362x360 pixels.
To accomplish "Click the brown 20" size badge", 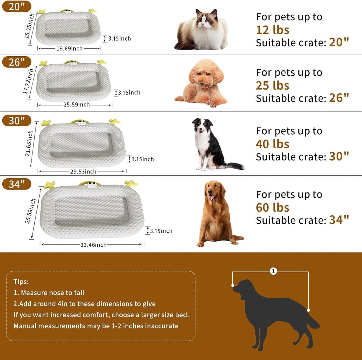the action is point(17,6).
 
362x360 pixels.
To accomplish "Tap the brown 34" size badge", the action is point(17,184).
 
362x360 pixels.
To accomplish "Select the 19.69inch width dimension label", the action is point(69,49).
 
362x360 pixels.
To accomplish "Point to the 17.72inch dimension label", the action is point(28,81).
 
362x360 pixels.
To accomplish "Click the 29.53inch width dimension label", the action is point(83,171).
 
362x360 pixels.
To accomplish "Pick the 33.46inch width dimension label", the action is point(93,245).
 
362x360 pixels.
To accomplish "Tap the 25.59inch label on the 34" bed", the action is point(30,211).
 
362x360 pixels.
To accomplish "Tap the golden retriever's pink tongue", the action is point(211,198).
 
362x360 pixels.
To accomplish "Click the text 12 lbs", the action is point(273,30).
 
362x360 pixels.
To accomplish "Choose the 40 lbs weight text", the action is point(273,144).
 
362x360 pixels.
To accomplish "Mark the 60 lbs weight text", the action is point(273,207).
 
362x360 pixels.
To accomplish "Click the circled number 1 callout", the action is point(274,271).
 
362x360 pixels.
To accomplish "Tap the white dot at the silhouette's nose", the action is point(233,286).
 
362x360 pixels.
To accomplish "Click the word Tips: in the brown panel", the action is point(21,282).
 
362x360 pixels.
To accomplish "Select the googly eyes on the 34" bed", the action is point(92,185).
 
